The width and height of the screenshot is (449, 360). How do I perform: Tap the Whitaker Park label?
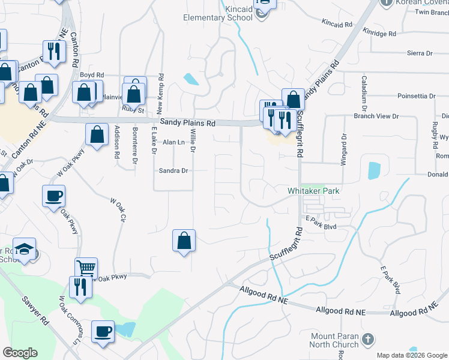313,191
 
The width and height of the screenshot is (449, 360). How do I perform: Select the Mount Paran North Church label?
334,340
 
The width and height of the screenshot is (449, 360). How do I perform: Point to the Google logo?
20,353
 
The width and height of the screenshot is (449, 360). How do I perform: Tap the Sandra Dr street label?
173,170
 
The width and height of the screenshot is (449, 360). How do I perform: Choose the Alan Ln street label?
173,142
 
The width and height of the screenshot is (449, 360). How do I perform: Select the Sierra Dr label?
420,53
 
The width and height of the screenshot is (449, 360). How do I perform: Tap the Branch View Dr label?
376,116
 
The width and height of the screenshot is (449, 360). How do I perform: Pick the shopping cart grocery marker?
86,269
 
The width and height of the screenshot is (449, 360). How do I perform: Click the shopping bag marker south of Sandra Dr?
184,241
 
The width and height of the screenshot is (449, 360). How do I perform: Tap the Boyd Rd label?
92,75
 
